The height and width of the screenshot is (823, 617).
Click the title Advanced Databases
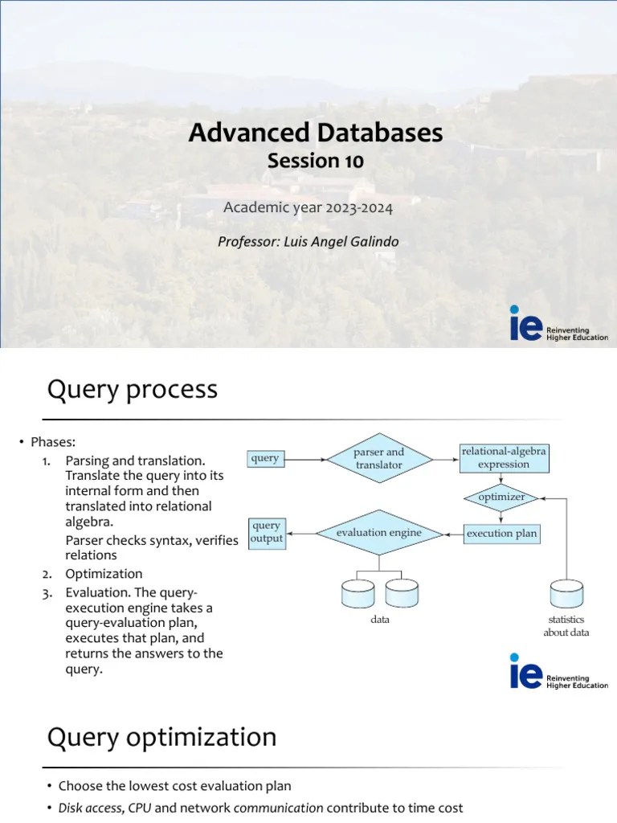(x=315, y=132)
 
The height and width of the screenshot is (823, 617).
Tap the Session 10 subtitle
(x=315, y=161)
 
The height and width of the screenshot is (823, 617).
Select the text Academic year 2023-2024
(x=308, y=208)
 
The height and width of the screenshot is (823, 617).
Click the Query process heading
(x=133, y=390)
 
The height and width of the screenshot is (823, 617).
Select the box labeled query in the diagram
(x=265, y=459)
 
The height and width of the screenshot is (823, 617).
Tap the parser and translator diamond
(x=378, y=459)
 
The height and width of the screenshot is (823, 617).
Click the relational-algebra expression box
(x=504, y=458)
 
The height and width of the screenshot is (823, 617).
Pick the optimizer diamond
(x=501, y=497)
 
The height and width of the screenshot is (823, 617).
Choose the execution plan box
(x=502, y=534)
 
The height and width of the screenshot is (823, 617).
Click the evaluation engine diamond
(x=378, y=533)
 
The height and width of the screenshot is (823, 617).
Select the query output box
(x=266, y=532)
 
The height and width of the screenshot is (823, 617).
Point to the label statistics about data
(x=566, y=626)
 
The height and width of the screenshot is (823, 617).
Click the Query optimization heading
(x=161, y=737)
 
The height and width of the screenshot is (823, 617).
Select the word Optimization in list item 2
(x=104, y=574)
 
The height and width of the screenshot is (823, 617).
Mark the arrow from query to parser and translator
(x=305, y=460)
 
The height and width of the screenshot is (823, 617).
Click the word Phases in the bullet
(x=53, y=443)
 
